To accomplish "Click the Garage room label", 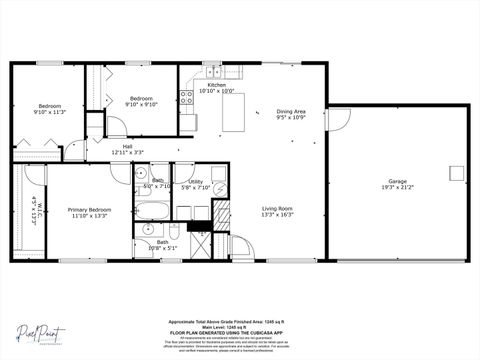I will pyautogui.click(x=397, y=184).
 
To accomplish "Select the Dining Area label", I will pyautogui.click(x=291, y=114).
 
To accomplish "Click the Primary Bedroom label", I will pyautogui.click(x=89, y=212).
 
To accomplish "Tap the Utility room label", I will pyautogui.click(x=196, y=184).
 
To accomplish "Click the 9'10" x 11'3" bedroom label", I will pyautogui.click(x=50, y=109).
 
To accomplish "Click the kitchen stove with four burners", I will pyautogui.click(x=186, y=97).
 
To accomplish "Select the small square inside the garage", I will pyautogui.click(x=457, y=172).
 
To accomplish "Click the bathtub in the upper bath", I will pyautogui.click(x=153, y=211).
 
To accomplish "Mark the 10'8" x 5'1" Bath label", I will pyautogui.click(x=162, y=244).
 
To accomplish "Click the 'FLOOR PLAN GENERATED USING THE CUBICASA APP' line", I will pyautogui.click(x=239, y=332).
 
